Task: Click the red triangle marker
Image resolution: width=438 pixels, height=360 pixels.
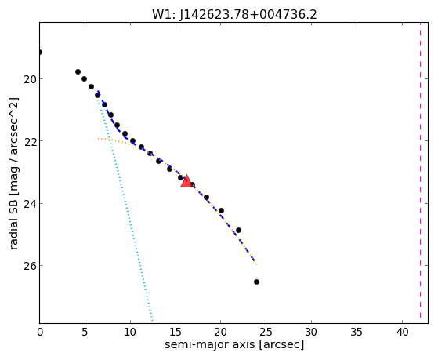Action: coord(186,181)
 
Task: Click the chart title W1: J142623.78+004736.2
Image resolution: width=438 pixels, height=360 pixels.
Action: coord(234,14)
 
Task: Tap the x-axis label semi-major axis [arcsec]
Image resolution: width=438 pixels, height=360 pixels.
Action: coord(234,344)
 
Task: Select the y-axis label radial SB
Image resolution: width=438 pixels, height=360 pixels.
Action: coord(13,223)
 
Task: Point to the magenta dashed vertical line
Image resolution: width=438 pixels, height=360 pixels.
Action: coord(420,173)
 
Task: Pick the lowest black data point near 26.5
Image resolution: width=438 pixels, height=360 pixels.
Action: coord(256,282)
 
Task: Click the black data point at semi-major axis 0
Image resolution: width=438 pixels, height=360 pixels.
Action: coord(40,52)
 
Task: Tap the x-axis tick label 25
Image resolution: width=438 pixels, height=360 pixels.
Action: coord(266,333)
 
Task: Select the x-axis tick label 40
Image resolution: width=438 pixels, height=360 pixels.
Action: coord(402,333)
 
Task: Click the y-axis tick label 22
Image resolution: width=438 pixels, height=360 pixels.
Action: coord(30,141)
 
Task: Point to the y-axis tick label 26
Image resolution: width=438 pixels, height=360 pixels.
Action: coord(30,265)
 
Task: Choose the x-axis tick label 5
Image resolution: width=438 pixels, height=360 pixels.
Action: coord(85,333)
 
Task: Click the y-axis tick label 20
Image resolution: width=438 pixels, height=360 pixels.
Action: coord(30,79)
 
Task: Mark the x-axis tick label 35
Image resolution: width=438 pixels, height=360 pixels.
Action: coord(357,333)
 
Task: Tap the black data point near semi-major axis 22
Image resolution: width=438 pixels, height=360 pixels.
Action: coord(238,231)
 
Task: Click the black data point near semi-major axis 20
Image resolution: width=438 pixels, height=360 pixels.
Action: coord(221,210)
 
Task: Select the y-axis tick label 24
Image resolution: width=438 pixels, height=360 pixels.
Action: coord(30,203)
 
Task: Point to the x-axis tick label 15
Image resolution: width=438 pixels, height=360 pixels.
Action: coord(176,333)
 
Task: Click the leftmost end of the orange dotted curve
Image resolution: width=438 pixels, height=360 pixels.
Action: coord(98,139)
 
